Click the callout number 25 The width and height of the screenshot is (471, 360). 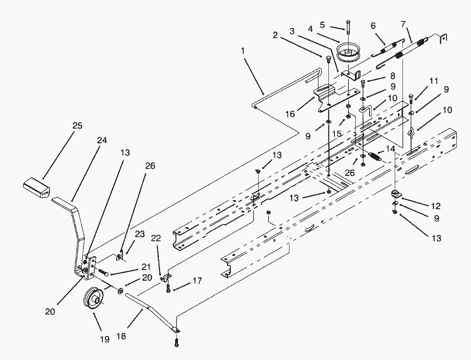77,126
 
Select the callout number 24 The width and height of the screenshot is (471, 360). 102,141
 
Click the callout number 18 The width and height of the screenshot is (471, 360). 121,336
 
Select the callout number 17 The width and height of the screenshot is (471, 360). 197,281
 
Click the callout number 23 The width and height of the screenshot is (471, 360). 140,234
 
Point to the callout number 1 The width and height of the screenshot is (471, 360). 243,50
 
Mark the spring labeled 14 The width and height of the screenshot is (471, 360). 376,156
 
